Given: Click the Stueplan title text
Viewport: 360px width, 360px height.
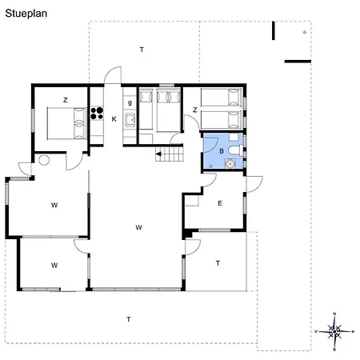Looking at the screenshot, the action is pyautogui.click(x=26, y=14).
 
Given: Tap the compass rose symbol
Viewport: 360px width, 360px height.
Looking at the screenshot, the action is pyautogui.click(x=334, y=331).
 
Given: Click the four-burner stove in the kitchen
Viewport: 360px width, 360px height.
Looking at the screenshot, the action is pyautogui.click(x=97, y=113).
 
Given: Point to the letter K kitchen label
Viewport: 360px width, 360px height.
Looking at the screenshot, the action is pyautogui.click(x=114, y=119).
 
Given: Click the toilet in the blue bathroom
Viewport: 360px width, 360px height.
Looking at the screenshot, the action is pyautogui.click(x=236, y=150).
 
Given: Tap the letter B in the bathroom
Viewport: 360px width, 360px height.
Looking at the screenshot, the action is pyautogui.click(x=222, y=151).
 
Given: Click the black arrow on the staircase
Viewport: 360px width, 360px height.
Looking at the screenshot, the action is pyautogui.click(x=158, y=154).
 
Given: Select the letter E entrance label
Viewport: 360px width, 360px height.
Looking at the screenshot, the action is pyautogui.click(x=220, y=203).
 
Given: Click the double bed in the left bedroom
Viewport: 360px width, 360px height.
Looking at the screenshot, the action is pyautogui.click(x=66, y=123).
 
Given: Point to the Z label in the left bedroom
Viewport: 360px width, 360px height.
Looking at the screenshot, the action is pyautogui.click(x=66, y=100).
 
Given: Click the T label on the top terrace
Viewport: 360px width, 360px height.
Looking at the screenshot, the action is pyautogui.click(x=142, y=50).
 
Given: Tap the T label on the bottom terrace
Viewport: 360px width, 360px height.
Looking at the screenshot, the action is pyautogui.click(x=129, y=319).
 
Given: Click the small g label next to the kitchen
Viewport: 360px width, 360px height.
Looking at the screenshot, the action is pyautogui.click(x=130, y=102).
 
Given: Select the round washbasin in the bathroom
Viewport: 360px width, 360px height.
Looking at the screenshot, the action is pyautogui.click(x=230, y=163).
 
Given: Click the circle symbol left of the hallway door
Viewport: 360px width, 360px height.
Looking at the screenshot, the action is pyautogui.click(x=44, y=160).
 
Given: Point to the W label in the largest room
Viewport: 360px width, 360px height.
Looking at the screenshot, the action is pyautogui.click(x=138, y=227).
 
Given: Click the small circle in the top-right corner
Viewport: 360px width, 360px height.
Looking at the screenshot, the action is pyautogui.click(x=305, y=32).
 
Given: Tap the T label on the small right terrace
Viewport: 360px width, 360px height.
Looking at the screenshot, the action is pyautogui.click(x=218, y=263).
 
